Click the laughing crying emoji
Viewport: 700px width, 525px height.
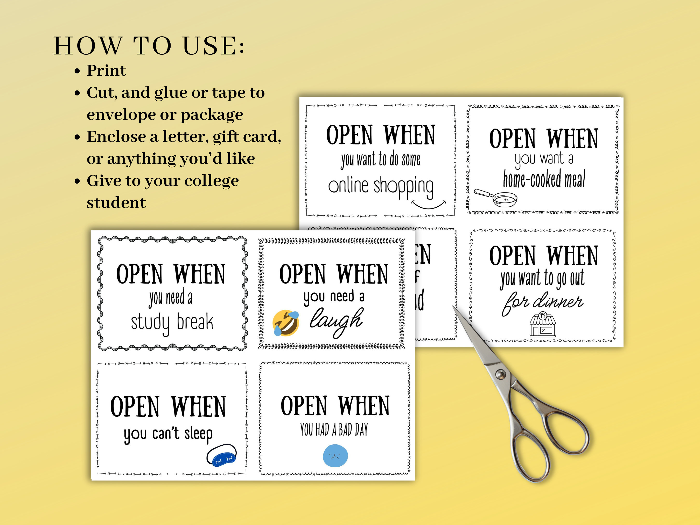click(285, 323)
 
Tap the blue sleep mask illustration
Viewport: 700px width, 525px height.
click(221, 456)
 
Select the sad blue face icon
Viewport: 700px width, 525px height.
click(335, 456)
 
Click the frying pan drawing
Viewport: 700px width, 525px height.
click(497, 198)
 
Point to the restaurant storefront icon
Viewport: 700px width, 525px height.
click(543, 324)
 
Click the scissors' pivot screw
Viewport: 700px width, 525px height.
click(500, 374)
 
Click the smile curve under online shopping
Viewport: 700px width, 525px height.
click(429, 205)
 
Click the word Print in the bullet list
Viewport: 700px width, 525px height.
click(106, 70)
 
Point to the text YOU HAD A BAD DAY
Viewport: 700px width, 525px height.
click(334, 430)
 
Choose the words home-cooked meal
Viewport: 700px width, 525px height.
click(544, 179)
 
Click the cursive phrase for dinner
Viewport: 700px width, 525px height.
click(542, 302)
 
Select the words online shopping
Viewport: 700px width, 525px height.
click(381, 186)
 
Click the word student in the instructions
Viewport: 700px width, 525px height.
click(116, 202)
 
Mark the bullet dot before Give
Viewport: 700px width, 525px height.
click(77, 181)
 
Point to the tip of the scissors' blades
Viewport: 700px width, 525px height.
click(454, 307)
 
